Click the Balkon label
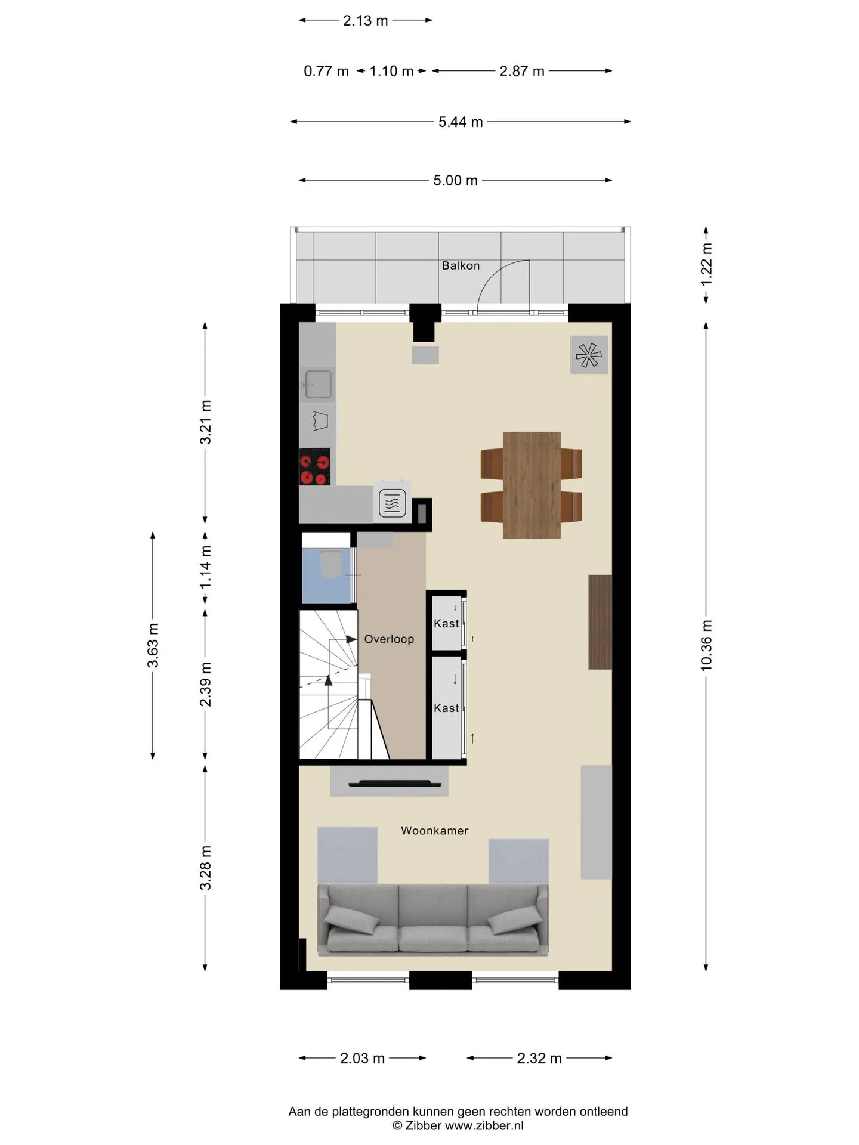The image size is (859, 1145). click(x=461, y=265)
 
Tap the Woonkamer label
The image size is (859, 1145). click(x=434, y=830)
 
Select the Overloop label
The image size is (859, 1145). click(x=389, y=639)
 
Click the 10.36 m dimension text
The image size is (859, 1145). click(x=706, y=645)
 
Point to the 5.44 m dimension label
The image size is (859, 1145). click(x=461, y=122)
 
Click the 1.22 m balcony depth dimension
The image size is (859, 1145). click(x=706, y=265)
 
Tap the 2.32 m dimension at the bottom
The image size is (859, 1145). click(x=539, y=1058)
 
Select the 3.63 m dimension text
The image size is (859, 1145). click(x=153, y=645)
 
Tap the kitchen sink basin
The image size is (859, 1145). click(x=318, y=383)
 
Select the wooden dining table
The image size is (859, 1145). click(x=532, y=485)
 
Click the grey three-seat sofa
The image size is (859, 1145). click(x=433, y=920)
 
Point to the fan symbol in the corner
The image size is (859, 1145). click(x=589, y=355)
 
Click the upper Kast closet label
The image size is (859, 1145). click(x=446, y=623)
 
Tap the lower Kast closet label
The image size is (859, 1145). click(x=446, y=708)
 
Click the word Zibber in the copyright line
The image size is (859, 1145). click(x=424, y=1125)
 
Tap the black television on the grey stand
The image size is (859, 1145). click(x=391, y=783)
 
